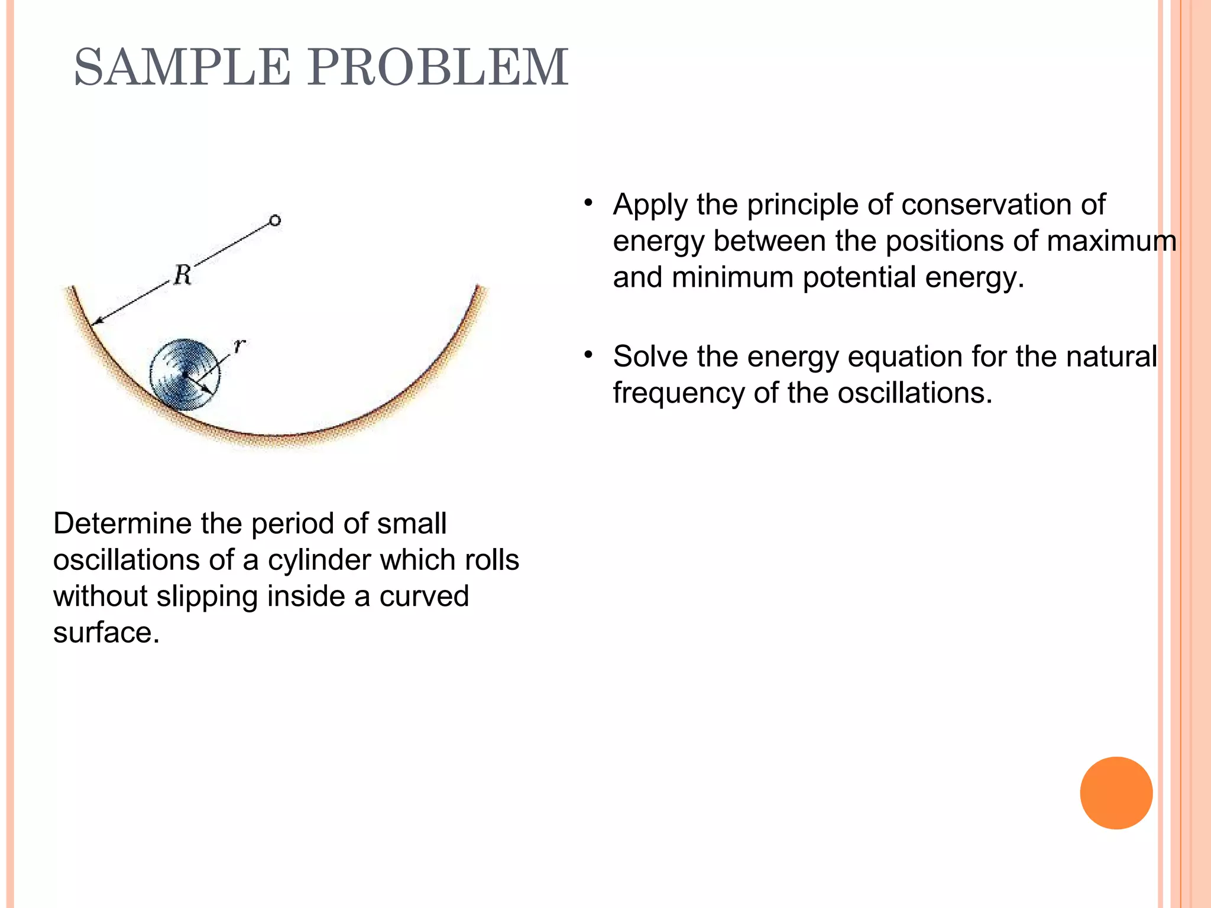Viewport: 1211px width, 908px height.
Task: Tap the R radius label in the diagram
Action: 183,275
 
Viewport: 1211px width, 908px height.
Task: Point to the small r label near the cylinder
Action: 239,345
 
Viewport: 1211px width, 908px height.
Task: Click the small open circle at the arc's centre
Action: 275,220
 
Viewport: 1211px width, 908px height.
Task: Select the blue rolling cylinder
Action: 184,374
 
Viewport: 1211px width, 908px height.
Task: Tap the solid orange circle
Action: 1116,793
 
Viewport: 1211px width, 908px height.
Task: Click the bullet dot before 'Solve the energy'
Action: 588,355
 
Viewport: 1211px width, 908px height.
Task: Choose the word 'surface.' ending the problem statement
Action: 106,633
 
